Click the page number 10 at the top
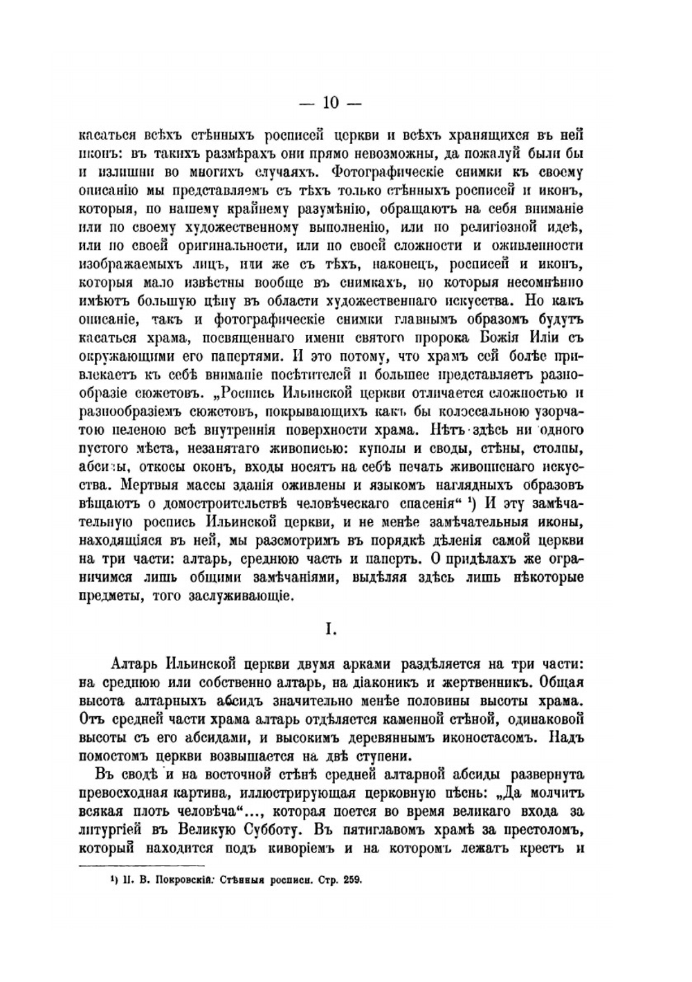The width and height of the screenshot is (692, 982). (329, 103)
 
